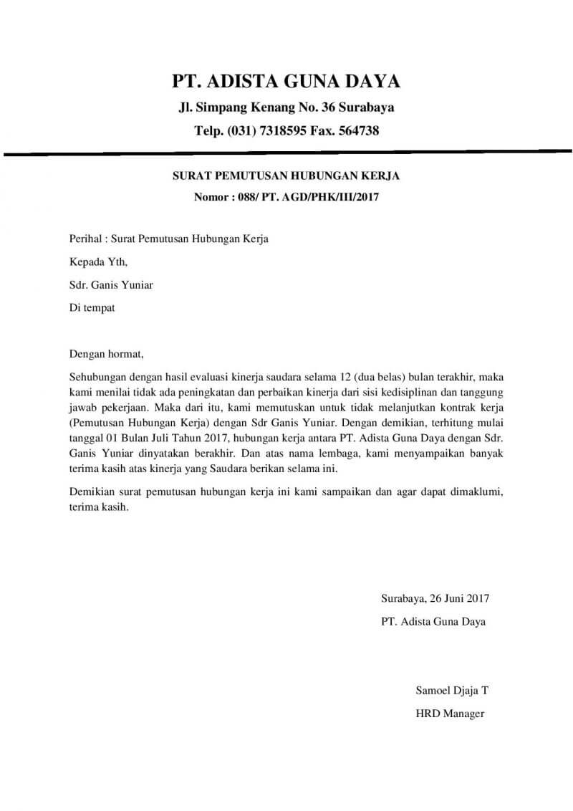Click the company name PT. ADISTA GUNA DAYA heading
[x=286, y=80]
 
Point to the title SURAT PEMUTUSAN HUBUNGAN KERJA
[x=286, y=176]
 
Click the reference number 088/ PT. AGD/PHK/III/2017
[x=312, y=196]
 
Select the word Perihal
[x=87, y=239]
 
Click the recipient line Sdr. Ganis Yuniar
[x=110, y=284]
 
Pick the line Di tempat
[x=92, y=307]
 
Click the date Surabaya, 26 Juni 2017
[x=435, y=598]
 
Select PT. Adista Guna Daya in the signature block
[x=433, y=621]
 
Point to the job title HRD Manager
[x=450, y=714]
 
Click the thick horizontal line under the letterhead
[x=286, y=153]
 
